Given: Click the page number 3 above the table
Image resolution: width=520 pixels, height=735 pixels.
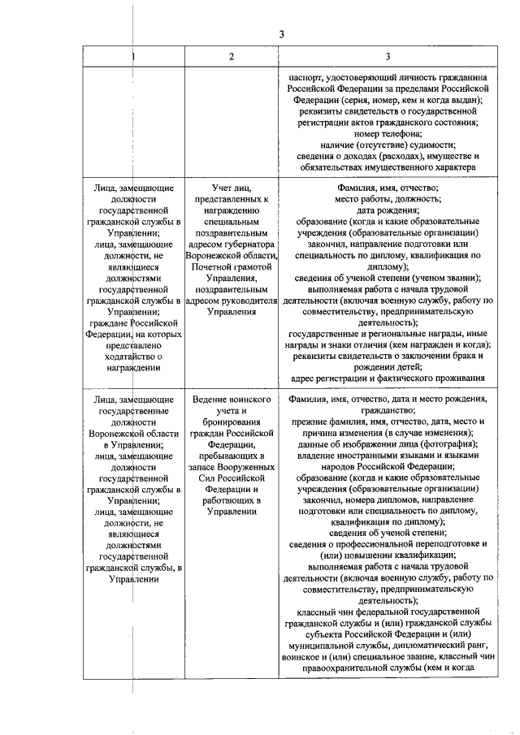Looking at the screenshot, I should tap(281, 33).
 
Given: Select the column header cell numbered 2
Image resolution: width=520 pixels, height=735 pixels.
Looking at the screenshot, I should tap(232, 56).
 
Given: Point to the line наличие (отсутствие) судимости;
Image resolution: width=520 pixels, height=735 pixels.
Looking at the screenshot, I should tap(388, 145).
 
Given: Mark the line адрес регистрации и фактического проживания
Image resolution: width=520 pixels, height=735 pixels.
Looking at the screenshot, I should tap(388, 378).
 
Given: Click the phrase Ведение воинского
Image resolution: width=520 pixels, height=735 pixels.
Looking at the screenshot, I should tap(232, 400).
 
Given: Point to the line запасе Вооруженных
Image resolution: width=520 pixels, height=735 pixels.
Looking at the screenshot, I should tap(232, 468).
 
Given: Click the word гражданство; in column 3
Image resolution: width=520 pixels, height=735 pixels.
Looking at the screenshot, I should tap(388, 412).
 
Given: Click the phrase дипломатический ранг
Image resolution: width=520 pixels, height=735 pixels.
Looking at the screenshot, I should tap(446, 646).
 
